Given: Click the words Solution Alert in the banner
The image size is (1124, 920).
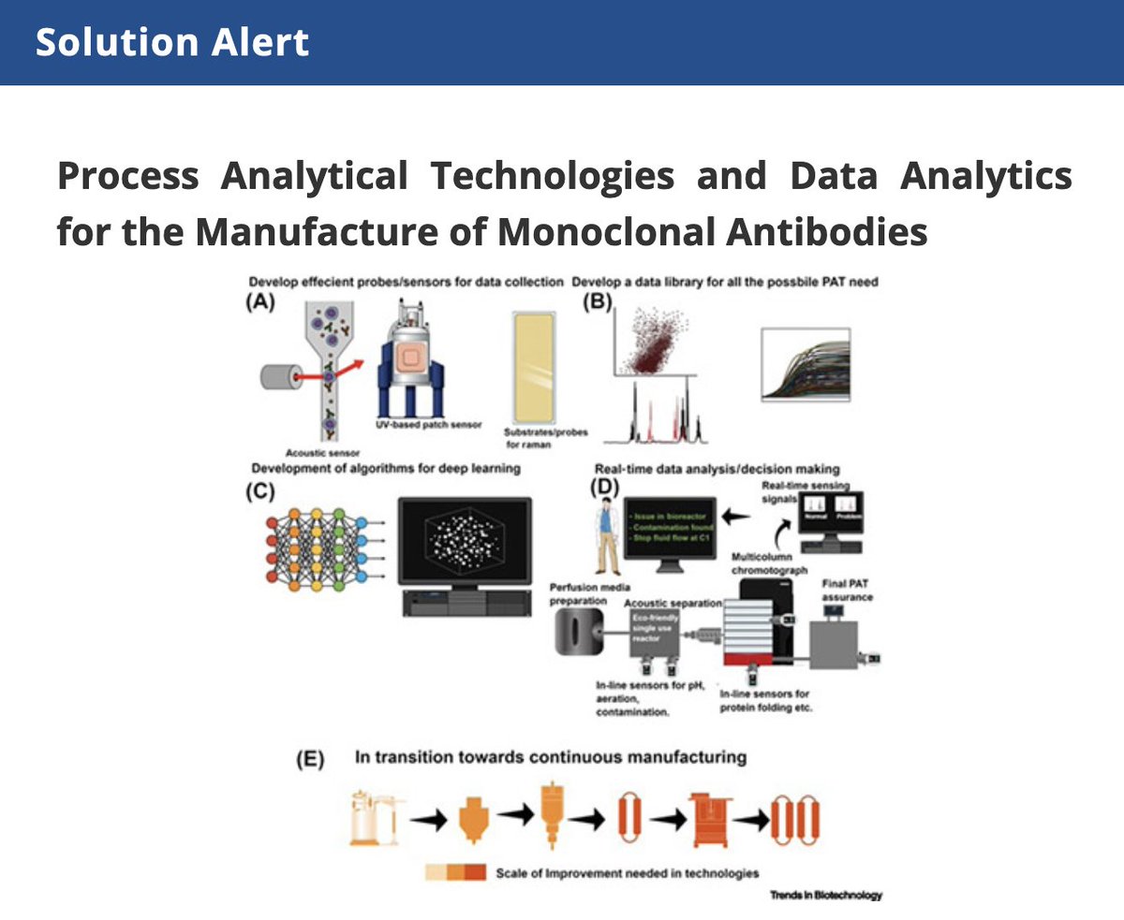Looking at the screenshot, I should coord(172,42).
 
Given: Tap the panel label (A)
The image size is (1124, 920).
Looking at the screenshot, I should coord(259,302).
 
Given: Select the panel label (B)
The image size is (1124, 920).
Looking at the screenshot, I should coord(597,302).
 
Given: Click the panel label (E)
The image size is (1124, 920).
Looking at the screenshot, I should coord(310,760).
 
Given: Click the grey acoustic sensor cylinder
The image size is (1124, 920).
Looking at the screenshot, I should coord(278,377).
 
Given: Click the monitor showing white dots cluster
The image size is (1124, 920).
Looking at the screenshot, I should coord(464,542).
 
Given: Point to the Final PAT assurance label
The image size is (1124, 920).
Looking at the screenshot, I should coord(847,591).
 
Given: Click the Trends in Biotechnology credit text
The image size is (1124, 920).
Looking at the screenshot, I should coord(825,895).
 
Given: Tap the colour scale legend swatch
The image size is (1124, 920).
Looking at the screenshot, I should coord(454,872).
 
